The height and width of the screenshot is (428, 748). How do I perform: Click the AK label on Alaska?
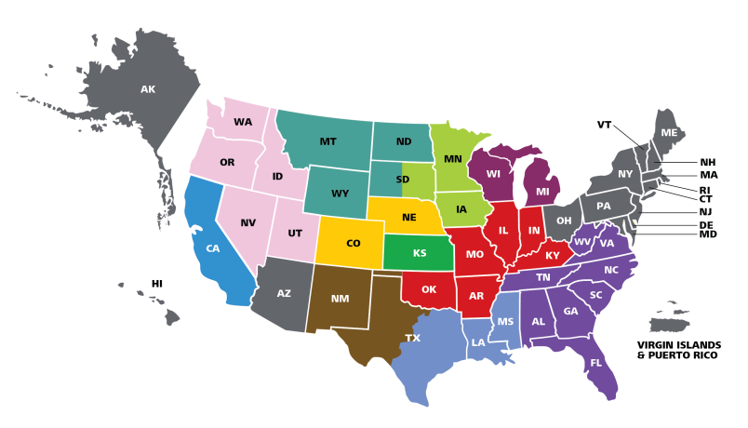[x=148, y=89]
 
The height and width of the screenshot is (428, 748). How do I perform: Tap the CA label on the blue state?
[x=212, y=248]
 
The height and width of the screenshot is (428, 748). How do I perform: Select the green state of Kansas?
[x=420, y=253]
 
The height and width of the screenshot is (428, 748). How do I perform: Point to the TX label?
[x=412, y=338]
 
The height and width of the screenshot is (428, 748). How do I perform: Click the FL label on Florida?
[x=595, y=363]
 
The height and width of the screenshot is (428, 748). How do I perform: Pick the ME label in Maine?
[x=669, y=133]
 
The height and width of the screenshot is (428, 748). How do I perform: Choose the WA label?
[x=243, y=122]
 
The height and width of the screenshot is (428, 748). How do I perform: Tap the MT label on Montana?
[x=327, y=141]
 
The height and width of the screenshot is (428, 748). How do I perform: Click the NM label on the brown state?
[x=340, y=299]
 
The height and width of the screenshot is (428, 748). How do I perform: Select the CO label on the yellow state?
[x=353, y=244]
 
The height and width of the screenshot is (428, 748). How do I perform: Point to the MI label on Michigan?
[x=542, y=193]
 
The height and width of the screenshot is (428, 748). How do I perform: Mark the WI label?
[x=493, y=174]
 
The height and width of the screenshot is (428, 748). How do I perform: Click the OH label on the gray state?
[x=563, y=221]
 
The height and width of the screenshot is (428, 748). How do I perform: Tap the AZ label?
[x=284, y=293]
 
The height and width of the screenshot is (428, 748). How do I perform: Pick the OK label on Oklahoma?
[x=428, y=289]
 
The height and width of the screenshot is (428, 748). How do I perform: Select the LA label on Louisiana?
[x=477, y=342]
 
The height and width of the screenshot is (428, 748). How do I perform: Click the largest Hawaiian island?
[x=171, y=317]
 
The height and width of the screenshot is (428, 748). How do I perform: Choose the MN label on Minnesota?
[x=452, y=159]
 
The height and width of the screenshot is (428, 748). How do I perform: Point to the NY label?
[x=625, y=174]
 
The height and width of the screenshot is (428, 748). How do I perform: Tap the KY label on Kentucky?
[x=553, y=256]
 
